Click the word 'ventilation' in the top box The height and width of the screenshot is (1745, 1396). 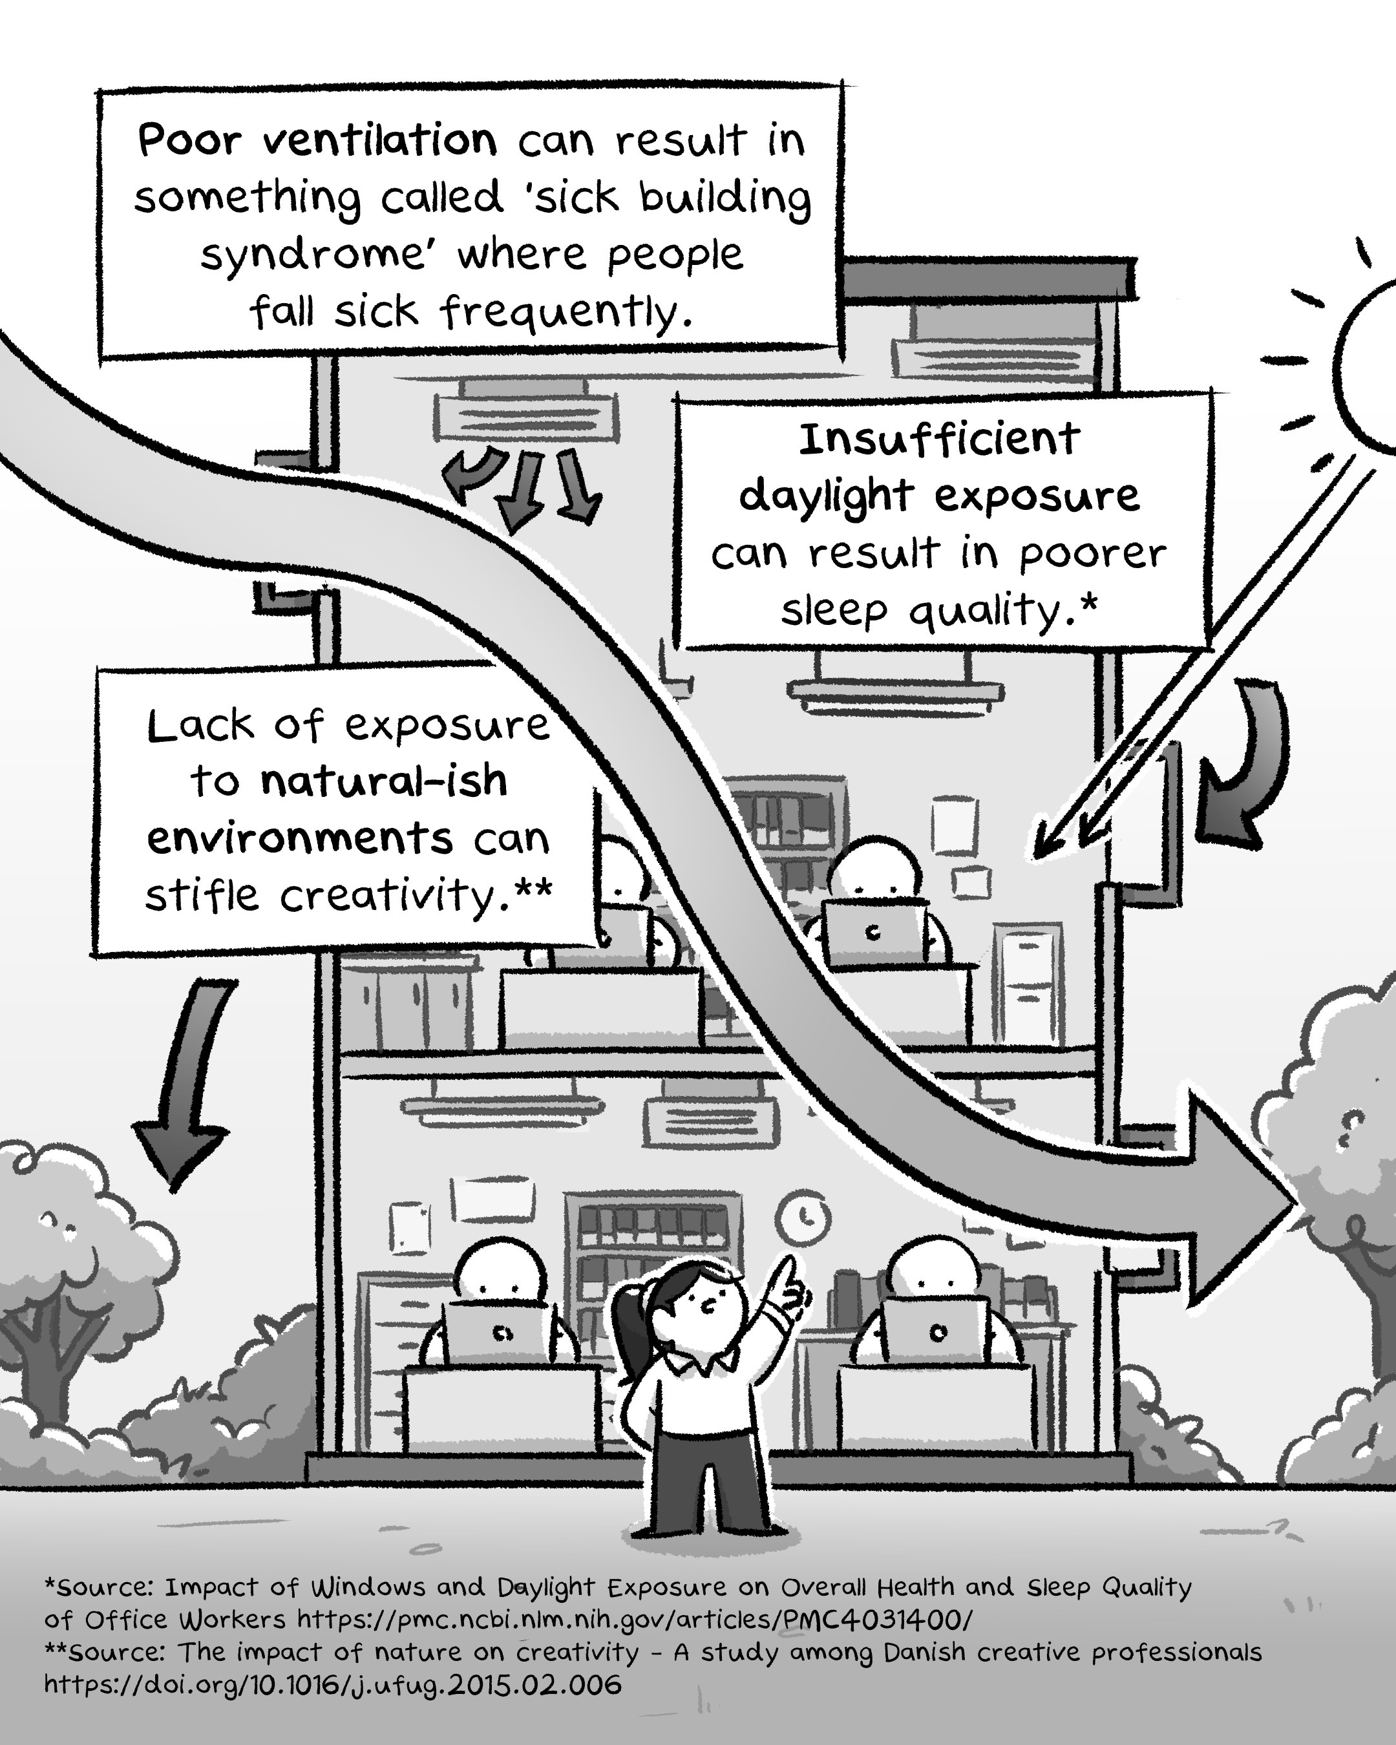[x=379, y=141]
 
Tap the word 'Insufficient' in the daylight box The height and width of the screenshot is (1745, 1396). [x=939, y=439]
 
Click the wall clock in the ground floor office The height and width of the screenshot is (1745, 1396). [x=803, y=1216]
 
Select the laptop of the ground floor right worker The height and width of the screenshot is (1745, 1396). [x=935, y=1331]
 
